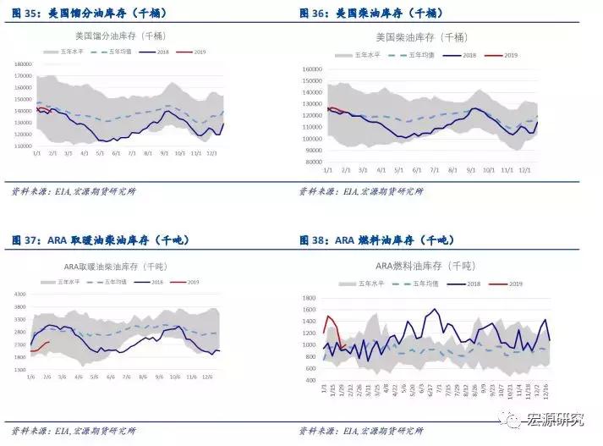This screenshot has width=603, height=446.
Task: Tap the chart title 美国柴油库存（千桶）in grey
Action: (x=420, y=37)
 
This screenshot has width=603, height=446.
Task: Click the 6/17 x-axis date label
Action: (x=433, y=391)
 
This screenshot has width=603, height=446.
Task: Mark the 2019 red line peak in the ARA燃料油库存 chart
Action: (x=328, y=317)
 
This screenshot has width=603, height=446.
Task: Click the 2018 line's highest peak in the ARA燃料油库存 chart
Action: (x=434, y=310)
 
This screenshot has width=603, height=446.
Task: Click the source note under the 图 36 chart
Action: (x=361, y=192)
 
